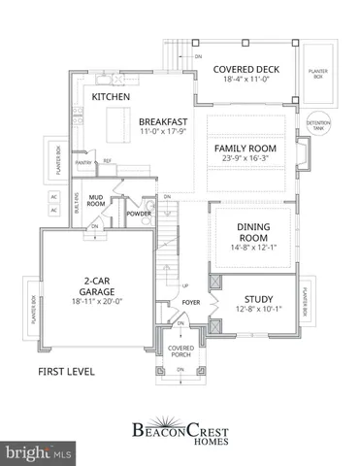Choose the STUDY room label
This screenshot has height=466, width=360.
pos(257,299)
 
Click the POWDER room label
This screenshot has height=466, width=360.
pos(139,213)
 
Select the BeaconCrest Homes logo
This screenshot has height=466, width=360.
pos(180,429)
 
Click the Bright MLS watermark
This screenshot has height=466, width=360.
pos(39,452)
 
